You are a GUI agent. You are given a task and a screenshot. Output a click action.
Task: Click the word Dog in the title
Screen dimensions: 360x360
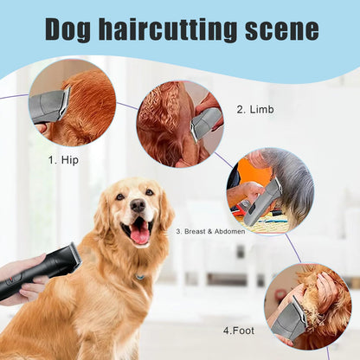73,29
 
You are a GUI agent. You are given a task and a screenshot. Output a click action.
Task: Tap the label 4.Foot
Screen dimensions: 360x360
240,330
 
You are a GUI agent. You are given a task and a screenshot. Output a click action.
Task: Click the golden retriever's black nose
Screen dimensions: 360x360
138,206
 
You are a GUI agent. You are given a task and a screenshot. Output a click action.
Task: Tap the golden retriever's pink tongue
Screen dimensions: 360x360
139,232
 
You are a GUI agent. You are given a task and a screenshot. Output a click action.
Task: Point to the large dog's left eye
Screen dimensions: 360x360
149,192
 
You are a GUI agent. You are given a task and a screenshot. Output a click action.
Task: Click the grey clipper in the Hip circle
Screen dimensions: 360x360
49,106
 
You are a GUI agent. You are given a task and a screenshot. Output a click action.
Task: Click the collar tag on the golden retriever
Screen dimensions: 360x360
139,277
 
